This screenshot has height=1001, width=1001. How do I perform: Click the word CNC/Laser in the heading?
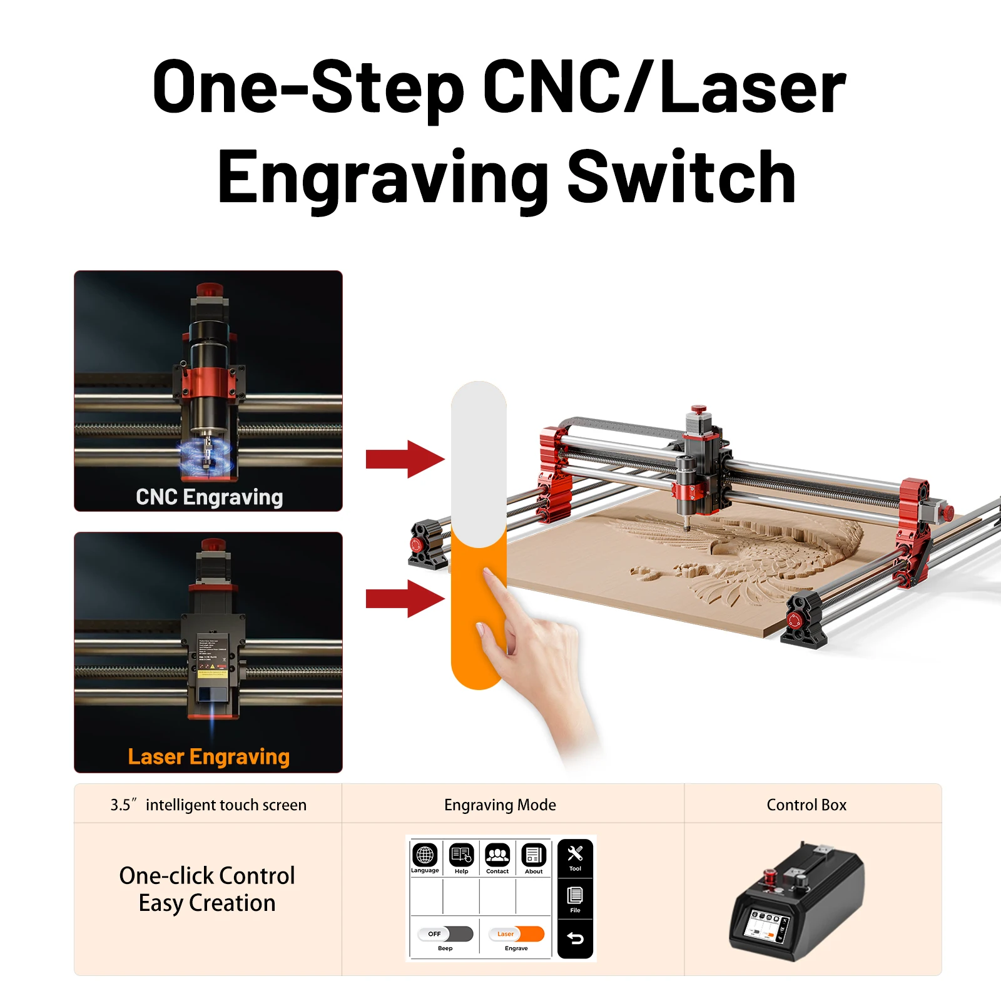(x=664, y=88)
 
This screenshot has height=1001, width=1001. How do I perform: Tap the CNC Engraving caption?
(x=209, y=497)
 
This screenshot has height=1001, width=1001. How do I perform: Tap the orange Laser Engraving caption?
(x=208, y=756)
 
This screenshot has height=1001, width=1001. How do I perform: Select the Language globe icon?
(x=425, y=855)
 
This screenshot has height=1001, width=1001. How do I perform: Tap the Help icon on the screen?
(x=462, y=855)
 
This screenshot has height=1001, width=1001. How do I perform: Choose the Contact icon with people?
(x=497, y=855)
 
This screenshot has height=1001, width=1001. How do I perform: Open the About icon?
(x=534, y=855)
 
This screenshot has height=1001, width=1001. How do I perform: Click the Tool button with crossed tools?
(x=575, y=857)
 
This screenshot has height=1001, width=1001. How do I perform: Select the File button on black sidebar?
(x=575, y=898)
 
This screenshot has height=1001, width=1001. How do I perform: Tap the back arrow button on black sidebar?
(x=575, y=938)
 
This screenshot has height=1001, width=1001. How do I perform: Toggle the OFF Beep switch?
(x=445, y=934)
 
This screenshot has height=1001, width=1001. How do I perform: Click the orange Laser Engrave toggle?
(x=516, y=934)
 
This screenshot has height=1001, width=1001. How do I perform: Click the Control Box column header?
(x=806, y=805)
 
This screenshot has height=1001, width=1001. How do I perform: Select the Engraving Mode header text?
(x=500, y=805)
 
